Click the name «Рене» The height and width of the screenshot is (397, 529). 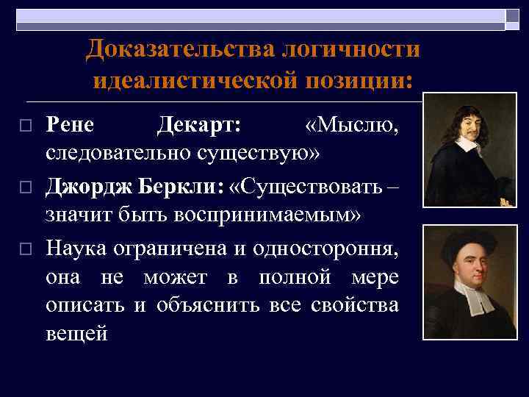point(70,125)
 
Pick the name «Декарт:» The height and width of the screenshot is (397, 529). point(198,125)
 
